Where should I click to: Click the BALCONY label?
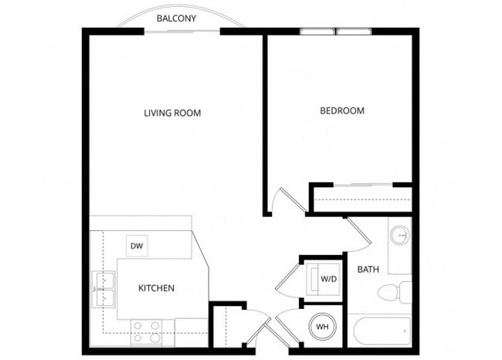coord(175,18)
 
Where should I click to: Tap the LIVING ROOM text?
coord(172,113)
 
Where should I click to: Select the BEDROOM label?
coord(342,110)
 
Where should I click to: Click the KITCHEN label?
coord(156,288)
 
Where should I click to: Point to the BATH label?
coord(367,270)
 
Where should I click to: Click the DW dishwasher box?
coord(137,246)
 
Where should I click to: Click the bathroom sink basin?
coord(400,235)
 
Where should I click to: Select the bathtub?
coord(381,331)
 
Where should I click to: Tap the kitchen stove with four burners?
coord(146,331)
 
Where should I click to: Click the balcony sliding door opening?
coord(181,32)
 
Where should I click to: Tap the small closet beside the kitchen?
coord(226,327)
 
